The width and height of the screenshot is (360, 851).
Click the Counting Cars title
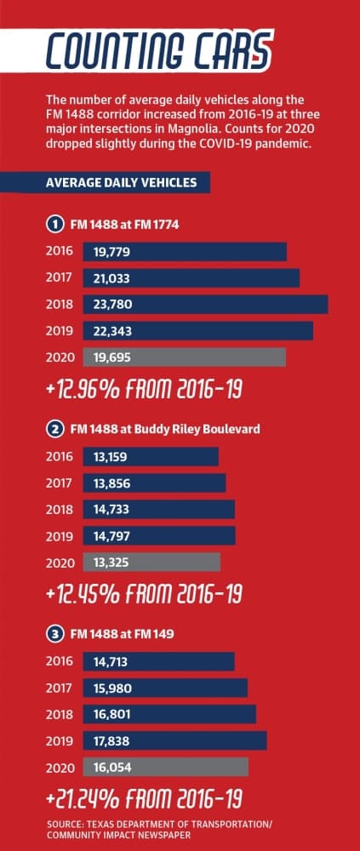point(157,50)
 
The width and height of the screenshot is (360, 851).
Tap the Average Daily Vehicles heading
point(122,182)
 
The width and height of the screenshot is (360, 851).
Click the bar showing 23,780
point(205,305)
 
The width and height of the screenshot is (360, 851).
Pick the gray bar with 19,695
point(185,357)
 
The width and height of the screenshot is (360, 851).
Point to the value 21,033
point(111,278)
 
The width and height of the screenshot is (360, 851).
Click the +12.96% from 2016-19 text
point(145,390)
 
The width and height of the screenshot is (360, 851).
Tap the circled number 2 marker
point(53,429)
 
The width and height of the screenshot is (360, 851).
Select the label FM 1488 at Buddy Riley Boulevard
point(165,429)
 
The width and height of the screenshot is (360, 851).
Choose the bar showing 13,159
point(151,456)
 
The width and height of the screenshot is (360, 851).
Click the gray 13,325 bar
point(152,563)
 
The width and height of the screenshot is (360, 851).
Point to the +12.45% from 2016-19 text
point(145,594)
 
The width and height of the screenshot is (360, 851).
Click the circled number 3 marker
point(53,634)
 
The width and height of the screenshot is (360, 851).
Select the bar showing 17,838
point(174,741)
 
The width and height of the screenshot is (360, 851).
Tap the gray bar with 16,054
point(166,767)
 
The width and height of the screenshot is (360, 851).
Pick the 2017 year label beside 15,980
point(60,688)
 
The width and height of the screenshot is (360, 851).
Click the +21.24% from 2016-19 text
point(145,799)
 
